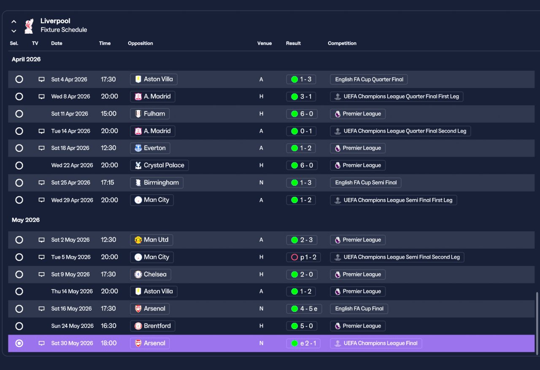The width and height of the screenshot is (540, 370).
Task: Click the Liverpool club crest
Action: coord(29,26)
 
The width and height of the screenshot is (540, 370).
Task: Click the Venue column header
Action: coord(264,43)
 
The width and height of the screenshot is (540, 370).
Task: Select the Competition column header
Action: coord(342,43)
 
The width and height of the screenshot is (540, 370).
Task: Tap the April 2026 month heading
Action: coord(26,59)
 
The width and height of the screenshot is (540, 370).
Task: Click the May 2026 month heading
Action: coord(26,220)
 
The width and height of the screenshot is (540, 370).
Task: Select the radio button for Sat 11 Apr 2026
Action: coord(19,114)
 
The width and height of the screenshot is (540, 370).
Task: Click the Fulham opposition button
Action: coord(150,114)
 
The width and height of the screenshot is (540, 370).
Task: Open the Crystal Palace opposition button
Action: coord(159,165)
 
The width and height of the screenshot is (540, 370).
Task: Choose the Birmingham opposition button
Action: coord(157,182)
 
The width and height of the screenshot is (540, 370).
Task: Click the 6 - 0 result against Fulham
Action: coord(302,114)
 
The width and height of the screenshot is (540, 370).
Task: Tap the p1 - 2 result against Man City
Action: coord(303,257)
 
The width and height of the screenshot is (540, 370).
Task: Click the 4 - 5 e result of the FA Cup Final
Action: coord(304,309)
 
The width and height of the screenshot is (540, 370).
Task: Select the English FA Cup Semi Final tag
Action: coord(365,182)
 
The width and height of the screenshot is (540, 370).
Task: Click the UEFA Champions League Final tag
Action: coord(376,343)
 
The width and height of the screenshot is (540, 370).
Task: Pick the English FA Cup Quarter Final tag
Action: coord(369,80)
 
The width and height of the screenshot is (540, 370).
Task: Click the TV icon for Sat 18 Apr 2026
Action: coord(41,148)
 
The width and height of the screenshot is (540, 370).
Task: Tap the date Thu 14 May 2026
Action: coord(72,292)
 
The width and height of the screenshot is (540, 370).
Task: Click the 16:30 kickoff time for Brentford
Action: coord(108,326)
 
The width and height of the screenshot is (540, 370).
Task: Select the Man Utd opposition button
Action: coord(151,240)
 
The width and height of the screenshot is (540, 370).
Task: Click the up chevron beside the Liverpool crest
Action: coord(14,21)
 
